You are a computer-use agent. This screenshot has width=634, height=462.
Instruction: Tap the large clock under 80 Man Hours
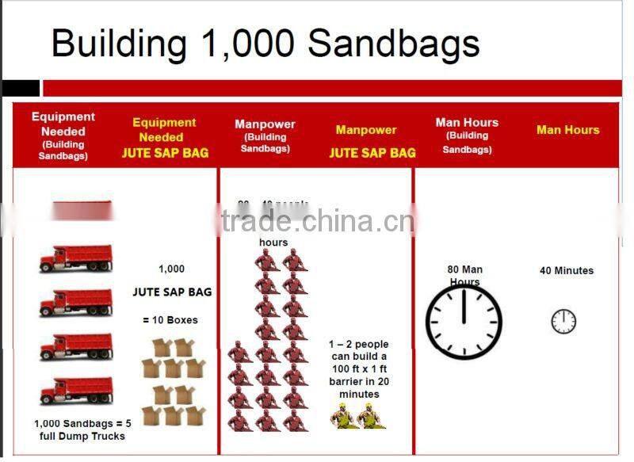pos(464,322)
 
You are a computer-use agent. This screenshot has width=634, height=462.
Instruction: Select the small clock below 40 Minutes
pos(563,321)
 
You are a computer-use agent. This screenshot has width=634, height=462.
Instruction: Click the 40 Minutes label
pos(566,270)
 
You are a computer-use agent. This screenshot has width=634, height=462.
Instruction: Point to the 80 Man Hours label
pos(464,275)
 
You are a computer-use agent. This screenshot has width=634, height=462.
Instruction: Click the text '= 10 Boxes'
pos(170,320)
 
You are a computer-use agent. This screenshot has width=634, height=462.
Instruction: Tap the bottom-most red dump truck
pos(76,390)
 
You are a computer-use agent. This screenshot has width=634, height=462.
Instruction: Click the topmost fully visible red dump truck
pos(76,258)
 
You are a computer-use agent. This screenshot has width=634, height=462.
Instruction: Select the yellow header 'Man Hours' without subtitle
pos(567,130)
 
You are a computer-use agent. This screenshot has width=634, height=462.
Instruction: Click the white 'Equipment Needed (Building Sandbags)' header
pos(63,136)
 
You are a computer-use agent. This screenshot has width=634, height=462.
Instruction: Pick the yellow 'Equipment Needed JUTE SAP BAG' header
pos(165,138)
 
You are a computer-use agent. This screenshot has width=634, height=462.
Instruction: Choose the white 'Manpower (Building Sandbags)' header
pos(265,136)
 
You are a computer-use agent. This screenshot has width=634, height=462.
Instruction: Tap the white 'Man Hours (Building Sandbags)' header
pos(467,135)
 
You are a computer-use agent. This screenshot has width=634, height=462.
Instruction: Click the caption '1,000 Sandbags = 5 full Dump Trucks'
pos(82,430)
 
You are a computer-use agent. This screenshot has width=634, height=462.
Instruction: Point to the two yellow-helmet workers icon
pos(357,415)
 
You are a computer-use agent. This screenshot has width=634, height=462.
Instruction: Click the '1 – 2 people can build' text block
pos(359,369)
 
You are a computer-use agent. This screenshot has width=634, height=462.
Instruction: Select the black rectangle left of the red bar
pos(20,88)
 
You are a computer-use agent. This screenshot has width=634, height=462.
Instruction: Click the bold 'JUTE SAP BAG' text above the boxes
pos(172,292)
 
